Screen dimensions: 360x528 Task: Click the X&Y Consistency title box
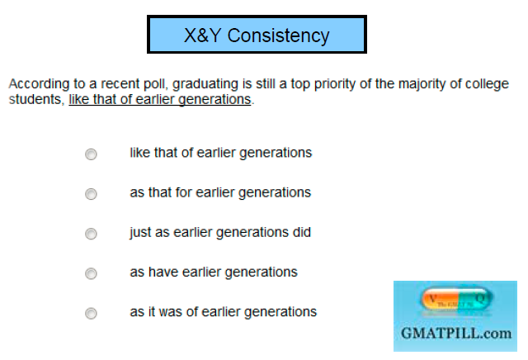pos(257,36)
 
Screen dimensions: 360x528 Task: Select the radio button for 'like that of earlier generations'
pos(91,154)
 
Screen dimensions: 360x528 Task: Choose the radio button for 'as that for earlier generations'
pos(91,194)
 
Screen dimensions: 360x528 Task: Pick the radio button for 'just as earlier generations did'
pos(91,234)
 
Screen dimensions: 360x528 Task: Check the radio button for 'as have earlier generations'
pos(91,273)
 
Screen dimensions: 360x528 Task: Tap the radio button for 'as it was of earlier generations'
pos(91,313)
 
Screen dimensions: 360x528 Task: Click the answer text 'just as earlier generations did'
pos(220,232)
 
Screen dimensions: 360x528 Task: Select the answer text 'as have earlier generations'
pos(214,272)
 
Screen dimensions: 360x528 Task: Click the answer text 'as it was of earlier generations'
pos(223,311)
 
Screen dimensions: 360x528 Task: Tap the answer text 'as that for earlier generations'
pos(220,192)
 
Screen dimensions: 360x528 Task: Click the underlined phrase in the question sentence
pos(159,99)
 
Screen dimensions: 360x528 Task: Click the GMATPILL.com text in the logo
pos(455,334)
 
